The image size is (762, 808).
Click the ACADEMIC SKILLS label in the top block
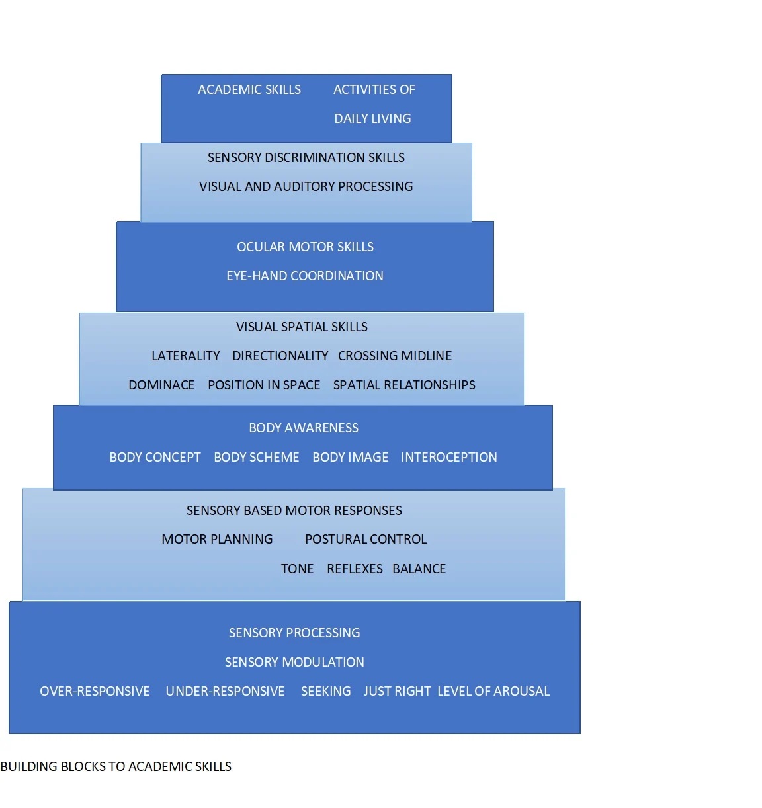pyautogui.click(x=249, y=90)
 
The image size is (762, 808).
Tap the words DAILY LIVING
pyautogui.click(x=372, y=119)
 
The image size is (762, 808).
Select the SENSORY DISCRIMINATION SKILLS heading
pyautogui.click(x=306, y=158)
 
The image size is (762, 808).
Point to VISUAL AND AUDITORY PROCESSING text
pyautogui.click(x=306, y=187)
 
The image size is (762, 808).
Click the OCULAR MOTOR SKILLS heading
pyautogui.click(x=305, y=247)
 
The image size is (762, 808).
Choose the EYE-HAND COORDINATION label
pyautogui.click(x=305, y=276)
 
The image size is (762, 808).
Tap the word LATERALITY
pyautogui.click(x=186, y=356)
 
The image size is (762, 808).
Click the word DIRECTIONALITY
pyautogui.click(x=280, y=356)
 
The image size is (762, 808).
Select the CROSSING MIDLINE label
pyautogui.click(x=395, y=356)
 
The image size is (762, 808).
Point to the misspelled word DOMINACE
pyautogui.click(x=161, y=385)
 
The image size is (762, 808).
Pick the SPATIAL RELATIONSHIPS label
pyautogui.click(x=404, y=385)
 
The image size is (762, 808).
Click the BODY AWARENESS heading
pyautogui.click(x=304, y=428)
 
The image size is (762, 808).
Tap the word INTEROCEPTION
pyautogui.click(x=449, y=458)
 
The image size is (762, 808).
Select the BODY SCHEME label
pyautogui.click(x=257, y=458)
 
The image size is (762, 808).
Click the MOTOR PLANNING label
pyautogui.click(x=217, y=540)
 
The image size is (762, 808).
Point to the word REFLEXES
pyautogui.click(x=355, y=569)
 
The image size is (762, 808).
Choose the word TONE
pyautogui.click(x=298, y=569)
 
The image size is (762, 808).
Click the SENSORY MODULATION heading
pyautogui.click(x=294, y=663)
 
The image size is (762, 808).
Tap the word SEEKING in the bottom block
pyautogui.click(x=326, y=692)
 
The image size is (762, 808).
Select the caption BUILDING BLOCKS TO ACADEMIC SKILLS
pyautogui.click(x=116, y=767)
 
